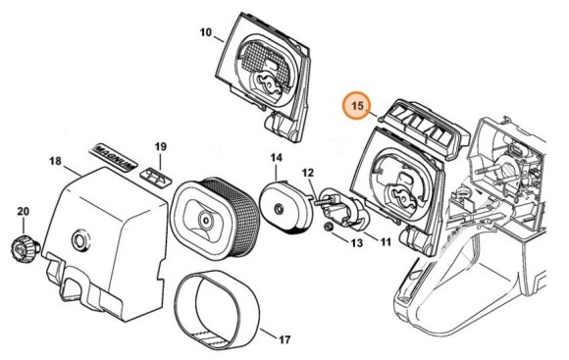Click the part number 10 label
pos(206,32)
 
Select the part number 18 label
pos(55,160)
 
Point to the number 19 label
pos(161,147)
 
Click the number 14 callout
pos(277,158)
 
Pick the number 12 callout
pos(307,173)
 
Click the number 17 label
pos(284,340)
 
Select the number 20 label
pos(23,211)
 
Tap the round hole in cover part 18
pos(78,239)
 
